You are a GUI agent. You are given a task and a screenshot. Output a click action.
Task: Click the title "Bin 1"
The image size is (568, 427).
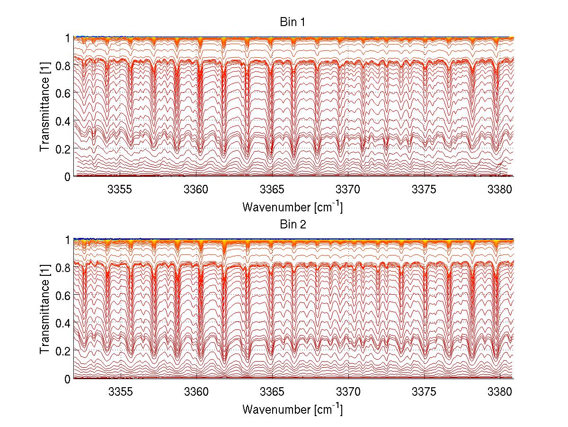pyautogui.click(x=293, y=22)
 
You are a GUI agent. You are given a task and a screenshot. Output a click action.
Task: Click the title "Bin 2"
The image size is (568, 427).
pyautogui.click(x=293, y=225)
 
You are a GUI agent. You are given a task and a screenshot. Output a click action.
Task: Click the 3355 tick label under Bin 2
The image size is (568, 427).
pyautogui.click(x=121, y=392)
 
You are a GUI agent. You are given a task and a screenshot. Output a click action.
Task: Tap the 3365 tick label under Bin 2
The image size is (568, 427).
pyautogui.click(x=273, y=392)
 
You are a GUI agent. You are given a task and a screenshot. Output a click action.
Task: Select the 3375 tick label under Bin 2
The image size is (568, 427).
pyautogui.click(x=425, y=392)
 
